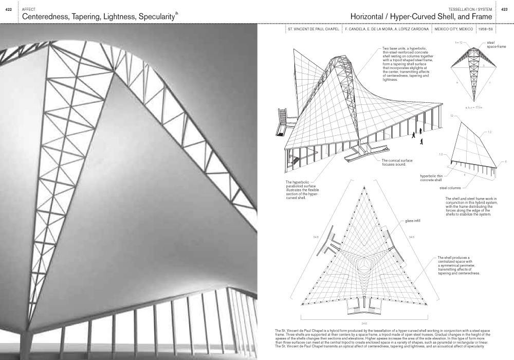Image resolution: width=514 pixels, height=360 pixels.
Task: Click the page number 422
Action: pos(8,9)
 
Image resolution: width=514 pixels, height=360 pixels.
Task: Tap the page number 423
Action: pos(504,9)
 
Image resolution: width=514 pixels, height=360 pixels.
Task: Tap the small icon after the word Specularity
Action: pos(178,14)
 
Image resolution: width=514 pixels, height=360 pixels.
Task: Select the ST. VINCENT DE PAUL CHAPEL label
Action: pos(313,29)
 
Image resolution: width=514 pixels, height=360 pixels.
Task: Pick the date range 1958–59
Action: pos(485,29)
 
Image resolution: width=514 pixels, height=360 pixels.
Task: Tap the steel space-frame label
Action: pos(496,45)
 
